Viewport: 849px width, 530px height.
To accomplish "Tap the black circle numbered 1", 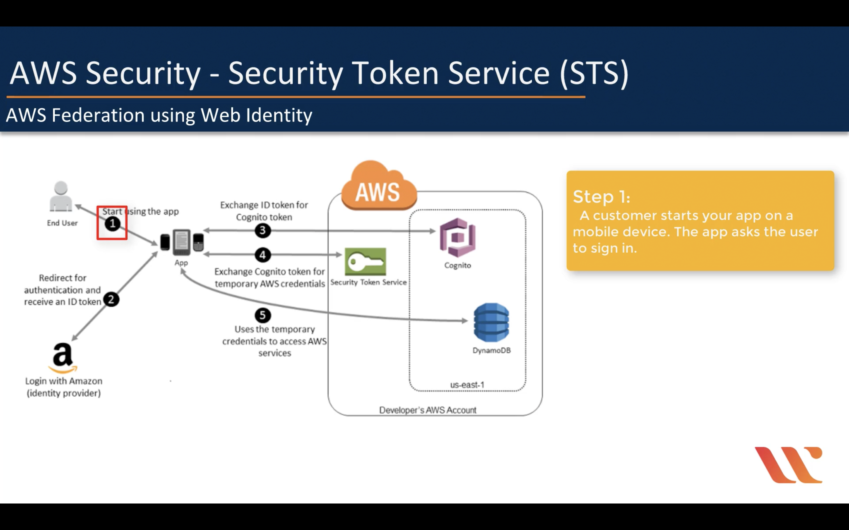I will click(112, 223).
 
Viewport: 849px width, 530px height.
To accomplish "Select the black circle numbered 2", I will click(111, 299).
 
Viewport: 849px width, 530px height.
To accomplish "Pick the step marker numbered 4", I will click(262, 255).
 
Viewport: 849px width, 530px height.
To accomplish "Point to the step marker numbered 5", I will click(262, 315).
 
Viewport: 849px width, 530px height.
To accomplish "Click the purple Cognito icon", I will click(457, 238).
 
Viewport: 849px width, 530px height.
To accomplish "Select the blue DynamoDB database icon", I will click(491, 322).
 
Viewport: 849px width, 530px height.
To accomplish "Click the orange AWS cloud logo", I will click(379, 188).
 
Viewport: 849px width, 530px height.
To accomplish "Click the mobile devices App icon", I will click(182, 242).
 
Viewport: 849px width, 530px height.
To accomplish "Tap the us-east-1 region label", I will click(467, 384).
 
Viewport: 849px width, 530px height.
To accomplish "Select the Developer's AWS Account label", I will click(428, 410).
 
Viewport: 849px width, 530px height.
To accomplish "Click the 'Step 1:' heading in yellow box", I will click(601, 197).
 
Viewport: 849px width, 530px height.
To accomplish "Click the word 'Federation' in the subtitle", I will click(98, 115).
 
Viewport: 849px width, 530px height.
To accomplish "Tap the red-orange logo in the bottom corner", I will click(788, 465).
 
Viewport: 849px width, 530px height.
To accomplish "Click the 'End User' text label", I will click(62, 223).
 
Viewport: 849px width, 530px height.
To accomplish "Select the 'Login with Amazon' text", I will click(63, 381).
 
